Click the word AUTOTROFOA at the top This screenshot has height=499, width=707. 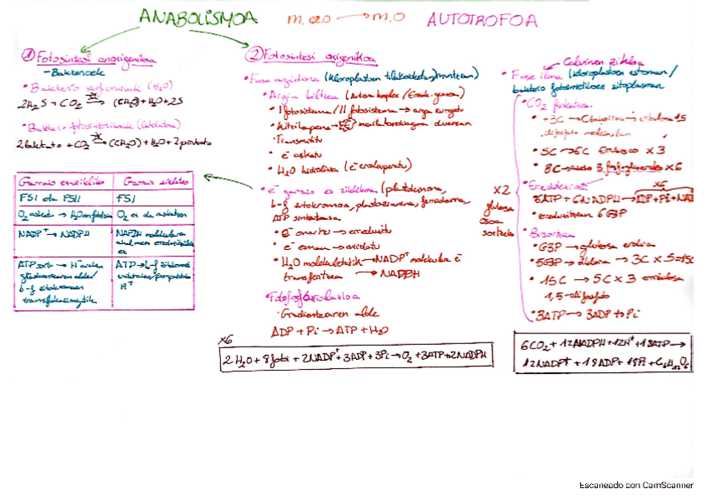(x=481, y=20)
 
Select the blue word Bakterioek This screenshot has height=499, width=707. (x=68, y=73)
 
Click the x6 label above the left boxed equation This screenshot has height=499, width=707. (x=224, y=340)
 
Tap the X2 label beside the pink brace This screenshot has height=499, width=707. (x=500, y=189)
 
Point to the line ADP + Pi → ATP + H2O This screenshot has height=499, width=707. (x=324, y=330)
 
